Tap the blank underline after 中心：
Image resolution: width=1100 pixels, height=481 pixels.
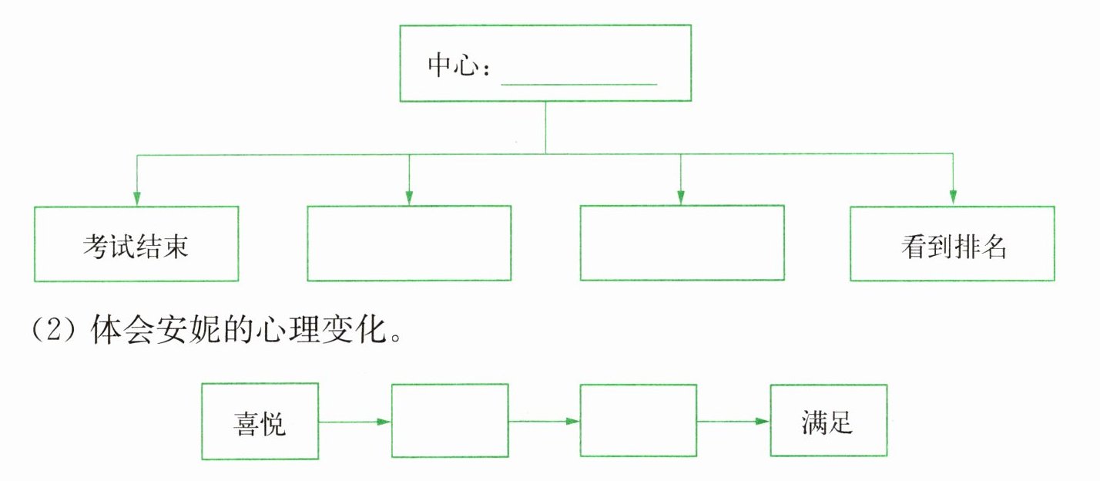[x=579, y=77]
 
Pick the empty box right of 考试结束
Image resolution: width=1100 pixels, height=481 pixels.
[x=409, y=244]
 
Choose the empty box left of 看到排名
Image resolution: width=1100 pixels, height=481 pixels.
[x=682, y=244]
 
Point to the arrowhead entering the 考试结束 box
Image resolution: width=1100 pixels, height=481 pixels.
[x=137, y=198]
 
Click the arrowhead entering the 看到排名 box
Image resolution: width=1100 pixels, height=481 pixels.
[x=953, y=198]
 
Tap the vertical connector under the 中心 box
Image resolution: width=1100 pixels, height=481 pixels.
[x=545, y=128]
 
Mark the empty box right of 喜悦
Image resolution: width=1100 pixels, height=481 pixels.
[x=450, y=421]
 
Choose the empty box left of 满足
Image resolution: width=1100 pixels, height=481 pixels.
[x=638, y=421]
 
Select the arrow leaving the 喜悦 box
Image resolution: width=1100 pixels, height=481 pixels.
[x=354, y=422]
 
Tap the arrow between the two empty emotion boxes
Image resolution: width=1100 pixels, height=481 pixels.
[x=544, y=422]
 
